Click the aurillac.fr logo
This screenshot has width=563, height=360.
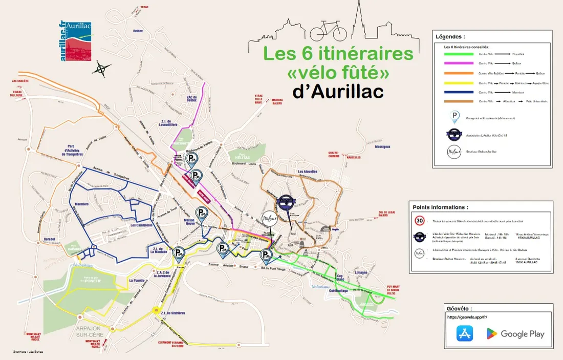pos(77,41)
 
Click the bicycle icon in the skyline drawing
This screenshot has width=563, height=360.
pos(328,31)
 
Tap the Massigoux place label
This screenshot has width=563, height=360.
pos(382,147)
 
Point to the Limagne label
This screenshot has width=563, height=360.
pos(361,272)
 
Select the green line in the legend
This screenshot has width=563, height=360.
pos(459,54)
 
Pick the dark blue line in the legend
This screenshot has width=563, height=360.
pos(459,93)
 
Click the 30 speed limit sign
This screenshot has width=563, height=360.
pos(420,221)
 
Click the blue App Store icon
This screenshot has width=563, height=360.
pos(465,334)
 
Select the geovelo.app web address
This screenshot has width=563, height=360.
pos(467,317)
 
